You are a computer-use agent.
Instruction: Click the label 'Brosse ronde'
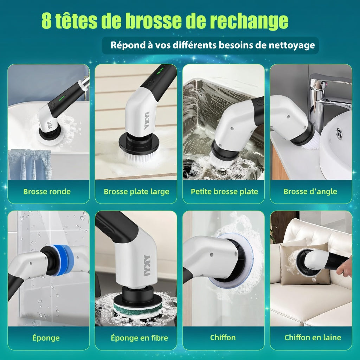tap(47, 192)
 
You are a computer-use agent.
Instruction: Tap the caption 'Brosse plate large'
tap(136, 192)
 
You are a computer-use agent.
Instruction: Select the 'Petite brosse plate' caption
tap(224, 192)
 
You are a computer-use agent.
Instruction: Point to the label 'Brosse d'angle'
tap(310, 192)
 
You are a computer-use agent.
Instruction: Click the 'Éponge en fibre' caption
tap(139, 338)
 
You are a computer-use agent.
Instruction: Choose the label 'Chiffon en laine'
tap(313, 337)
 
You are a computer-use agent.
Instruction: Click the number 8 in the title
tap(47, 21)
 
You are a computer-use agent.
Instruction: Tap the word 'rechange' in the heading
tap(249, 21)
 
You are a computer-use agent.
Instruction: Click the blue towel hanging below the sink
tap(30, 164)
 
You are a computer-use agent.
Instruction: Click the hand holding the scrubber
tap(345, 266)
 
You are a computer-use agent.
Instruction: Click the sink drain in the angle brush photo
tap(339, 133)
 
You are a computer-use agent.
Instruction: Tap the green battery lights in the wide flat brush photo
tap(160, 71)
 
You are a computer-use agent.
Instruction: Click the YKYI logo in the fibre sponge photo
tap(147, 265)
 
